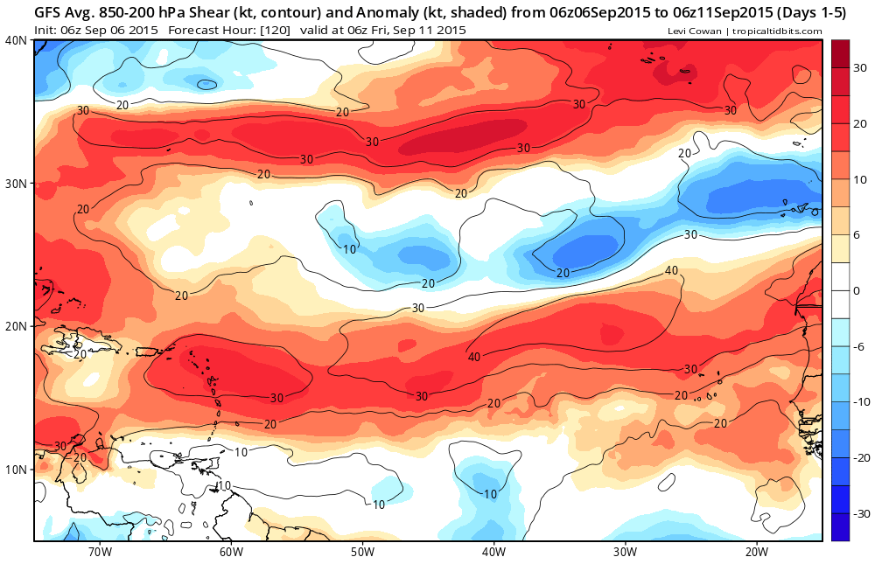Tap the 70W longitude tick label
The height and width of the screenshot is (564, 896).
coord(100,552)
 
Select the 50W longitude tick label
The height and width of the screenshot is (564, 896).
coord(362,552)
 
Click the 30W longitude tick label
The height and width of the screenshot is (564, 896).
coord(625,552)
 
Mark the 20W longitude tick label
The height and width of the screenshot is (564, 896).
coord(756,552)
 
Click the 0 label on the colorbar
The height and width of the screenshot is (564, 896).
coord(857,290)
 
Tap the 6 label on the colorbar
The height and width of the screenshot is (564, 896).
coord(857,234)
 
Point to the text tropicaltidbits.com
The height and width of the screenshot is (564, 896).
coord(774,31)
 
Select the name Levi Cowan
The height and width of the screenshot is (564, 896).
coord(695,31)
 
